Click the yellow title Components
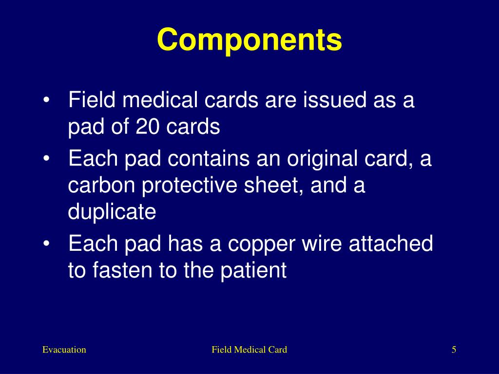click(249, 39)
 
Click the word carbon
click(96, 186)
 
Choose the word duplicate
click(112, 213)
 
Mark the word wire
click(319, 243)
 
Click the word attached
click(391, 243)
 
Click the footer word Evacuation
click(64, 350)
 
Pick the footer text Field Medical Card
click(249, 350)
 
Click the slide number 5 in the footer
click(454, 350)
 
